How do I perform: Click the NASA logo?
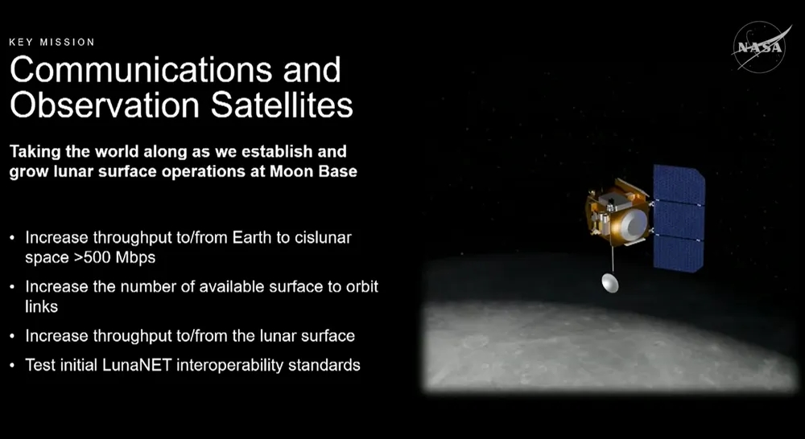click(x=762, y=47)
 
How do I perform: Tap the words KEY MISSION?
click(x=52, y=42)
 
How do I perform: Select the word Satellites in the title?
click(x=282, y=105)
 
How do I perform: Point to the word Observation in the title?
click(x=105, y=105)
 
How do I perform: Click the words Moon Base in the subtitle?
click(x=314, y=171)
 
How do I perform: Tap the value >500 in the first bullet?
click(x=93, y=257)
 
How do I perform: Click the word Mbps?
click(x=135, y=257)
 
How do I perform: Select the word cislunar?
click(x=323, y=238)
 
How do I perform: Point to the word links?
click(x=41, y=306)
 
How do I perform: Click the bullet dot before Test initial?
click(x=12, y=366)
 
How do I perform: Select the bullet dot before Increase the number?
click(x=12, y=287)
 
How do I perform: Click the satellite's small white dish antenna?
click(x=610, y=282)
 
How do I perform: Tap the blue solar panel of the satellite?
click(x=679, y=218)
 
